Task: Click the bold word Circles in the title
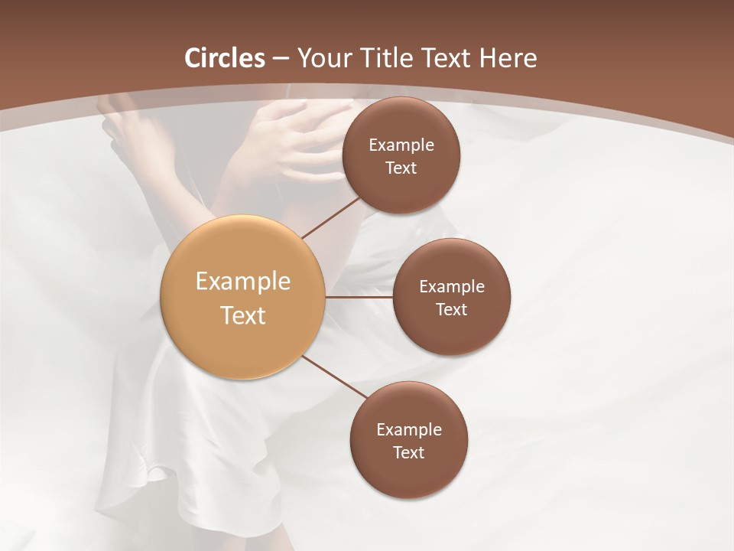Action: (x=225, y=58)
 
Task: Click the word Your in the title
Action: (x=325, y=58)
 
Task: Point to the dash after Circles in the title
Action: (x=281, y=59)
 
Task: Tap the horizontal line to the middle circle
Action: (x=359, y=297)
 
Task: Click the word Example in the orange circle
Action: (x=243, y=282)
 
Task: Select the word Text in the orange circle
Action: (x=243, y=315)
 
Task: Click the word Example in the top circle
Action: (x=401, y=145)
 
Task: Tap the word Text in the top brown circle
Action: (x=401, y=168)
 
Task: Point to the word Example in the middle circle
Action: (x=452, y=287)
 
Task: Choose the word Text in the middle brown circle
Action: (x=451, y=310)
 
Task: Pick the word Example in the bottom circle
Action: (x=409, y=430)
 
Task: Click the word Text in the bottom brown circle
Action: (x=408, y=453)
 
